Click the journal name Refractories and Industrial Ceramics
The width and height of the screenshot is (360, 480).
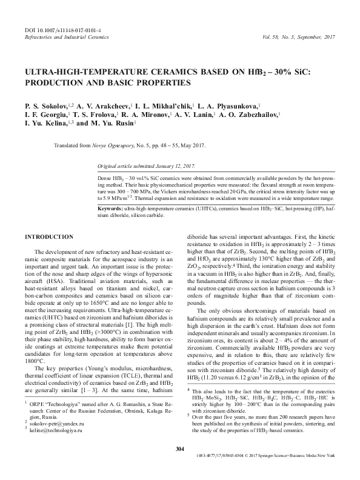[62, 36]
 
